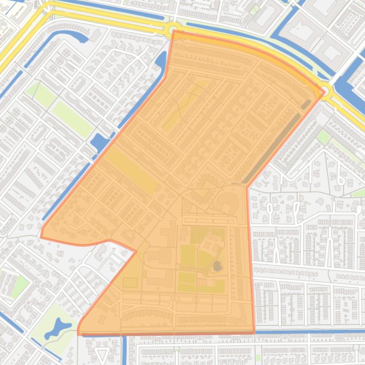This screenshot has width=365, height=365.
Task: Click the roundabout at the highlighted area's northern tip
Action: (173, 30)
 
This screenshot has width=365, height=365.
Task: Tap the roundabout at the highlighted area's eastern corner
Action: (326, 90)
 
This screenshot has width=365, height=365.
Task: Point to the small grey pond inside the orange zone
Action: (217, 266)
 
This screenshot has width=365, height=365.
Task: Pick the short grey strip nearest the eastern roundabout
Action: (306, 104)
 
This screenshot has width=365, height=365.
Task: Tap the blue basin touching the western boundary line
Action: (99, 141)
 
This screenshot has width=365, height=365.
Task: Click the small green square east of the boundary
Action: (323, 137)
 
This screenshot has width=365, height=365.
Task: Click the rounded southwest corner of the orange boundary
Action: (79, 331)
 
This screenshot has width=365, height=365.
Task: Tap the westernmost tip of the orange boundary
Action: (41, 236)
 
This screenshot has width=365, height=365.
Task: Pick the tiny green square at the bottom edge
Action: (258, 358)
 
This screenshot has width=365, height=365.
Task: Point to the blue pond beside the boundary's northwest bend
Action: (161, 61)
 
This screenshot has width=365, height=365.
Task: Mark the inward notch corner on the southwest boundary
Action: (136, 251)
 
